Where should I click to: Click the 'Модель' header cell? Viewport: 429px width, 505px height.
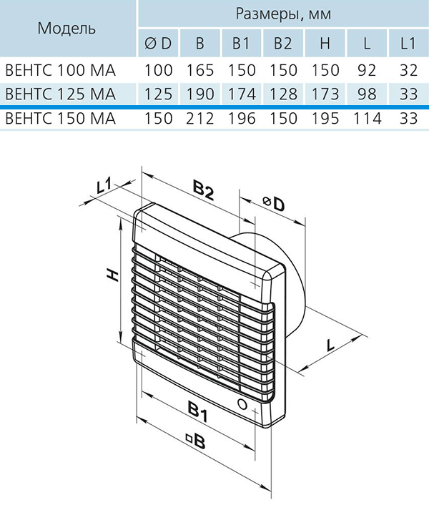point(66,29)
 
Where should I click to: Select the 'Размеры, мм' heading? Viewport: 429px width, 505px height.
point(283,14)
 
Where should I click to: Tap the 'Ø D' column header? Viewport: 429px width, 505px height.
point(158,43)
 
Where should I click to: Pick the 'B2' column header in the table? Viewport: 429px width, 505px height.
point(283,43)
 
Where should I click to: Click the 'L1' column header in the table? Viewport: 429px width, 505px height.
point(408,43)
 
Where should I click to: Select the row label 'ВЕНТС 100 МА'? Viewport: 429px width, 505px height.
point(61,70)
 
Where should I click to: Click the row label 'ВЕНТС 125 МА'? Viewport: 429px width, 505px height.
point(61,94)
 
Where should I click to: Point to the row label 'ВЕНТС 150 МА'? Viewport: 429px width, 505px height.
point(61,118)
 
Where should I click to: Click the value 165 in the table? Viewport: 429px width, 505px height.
point(200,70)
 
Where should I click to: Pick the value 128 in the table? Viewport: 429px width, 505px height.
point(283,94)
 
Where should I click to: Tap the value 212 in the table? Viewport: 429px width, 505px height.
point(200,118)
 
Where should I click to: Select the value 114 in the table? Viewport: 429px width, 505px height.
point(368,118)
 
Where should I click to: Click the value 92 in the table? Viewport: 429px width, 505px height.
point(367,70)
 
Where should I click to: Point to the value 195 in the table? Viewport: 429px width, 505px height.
point(325,118)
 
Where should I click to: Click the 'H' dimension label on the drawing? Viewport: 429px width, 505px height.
point(113,275)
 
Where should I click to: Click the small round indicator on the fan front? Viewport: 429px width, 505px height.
point(242,403)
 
